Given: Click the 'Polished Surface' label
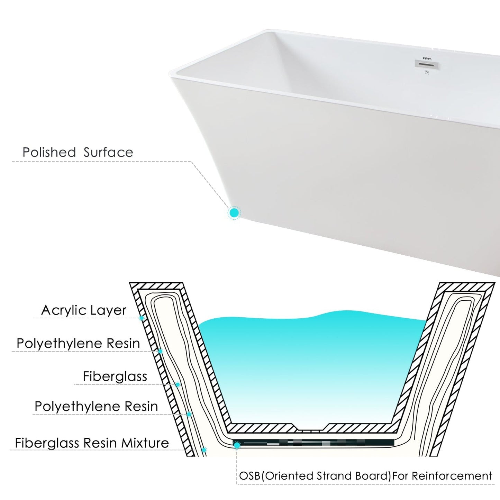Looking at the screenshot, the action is click(x=78, y=152).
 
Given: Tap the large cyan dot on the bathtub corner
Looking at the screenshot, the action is click(x=234, y=213).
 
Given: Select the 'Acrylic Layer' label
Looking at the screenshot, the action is click(x=84, y=310).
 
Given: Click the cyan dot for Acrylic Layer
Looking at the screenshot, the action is click(x=142, y=318).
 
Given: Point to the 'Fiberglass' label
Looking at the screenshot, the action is click(x=115, y=376).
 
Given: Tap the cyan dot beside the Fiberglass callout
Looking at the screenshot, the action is click(x=178, y=384).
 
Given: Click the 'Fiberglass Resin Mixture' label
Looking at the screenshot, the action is click(x=92, y=443).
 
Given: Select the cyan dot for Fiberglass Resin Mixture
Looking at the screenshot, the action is click(x=204, y=450).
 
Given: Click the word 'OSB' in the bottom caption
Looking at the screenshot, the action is click(x=249, y=476).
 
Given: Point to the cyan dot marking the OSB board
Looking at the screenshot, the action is click(x=237, y=446).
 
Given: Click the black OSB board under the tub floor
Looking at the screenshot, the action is click(x=314, y=443).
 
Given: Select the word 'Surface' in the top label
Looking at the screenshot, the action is click(x=108, y=152).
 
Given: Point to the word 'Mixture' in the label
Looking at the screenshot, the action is click(x=145, y=443).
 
